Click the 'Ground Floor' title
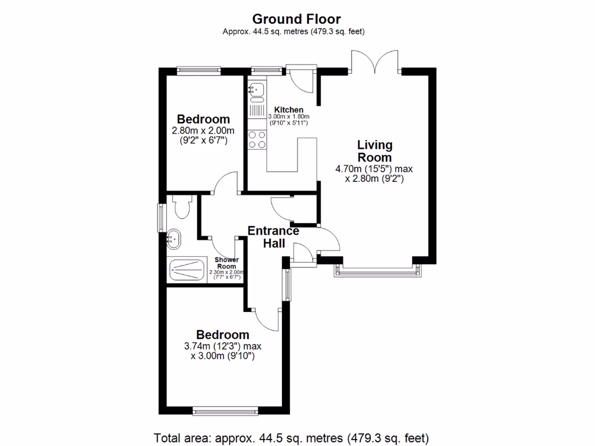[x=297, y=19]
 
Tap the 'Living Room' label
[x=374, y=151]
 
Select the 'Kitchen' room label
[x=289, y=110]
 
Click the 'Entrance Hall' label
[x=273, y=237]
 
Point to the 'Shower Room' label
[x=227, y=262]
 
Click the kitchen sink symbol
[x=256, y=89]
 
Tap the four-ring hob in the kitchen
[x=257, y=139]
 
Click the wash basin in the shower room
[x=174, y=238]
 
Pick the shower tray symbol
[x=187, y=269]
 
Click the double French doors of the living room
[x=375, y=61]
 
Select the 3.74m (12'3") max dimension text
[x=223, y=346]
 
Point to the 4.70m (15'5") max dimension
[x=374, y=169]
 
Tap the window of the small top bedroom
[x=199, y=71]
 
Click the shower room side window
[x=163, y=218]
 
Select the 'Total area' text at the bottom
[x=291, y=437]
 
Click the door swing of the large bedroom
[x=266, y=316]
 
